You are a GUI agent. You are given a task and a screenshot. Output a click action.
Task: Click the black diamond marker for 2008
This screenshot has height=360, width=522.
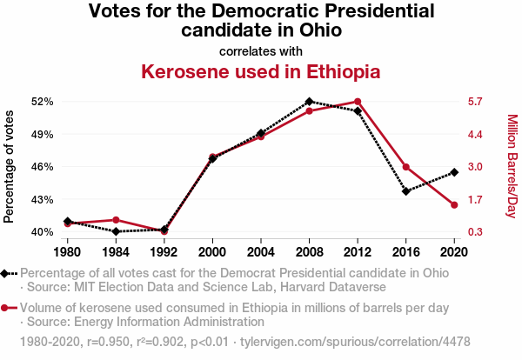tap(309, 102)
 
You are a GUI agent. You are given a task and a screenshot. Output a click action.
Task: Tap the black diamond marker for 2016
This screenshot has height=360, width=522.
tap(406, 191)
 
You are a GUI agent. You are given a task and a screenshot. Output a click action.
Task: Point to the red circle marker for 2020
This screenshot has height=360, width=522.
tap(454, 205)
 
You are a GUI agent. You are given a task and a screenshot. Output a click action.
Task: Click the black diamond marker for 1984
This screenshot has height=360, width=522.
tap(116, 231)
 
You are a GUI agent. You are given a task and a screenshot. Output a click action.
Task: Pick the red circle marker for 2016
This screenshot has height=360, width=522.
tap(406, 167)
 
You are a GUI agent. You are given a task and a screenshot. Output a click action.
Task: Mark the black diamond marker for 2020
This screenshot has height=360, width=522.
tap(454, 172)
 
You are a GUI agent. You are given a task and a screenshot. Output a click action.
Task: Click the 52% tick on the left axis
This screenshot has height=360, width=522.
tap(43, 102)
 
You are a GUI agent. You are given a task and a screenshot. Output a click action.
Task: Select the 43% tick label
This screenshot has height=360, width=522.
tap(43, 199)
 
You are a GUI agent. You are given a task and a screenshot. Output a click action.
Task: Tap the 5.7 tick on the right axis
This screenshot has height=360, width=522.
tap(474, 102)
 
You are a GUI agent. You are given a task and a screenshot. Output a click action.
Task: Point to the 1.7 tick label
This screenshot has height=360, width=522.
tap(474, 199)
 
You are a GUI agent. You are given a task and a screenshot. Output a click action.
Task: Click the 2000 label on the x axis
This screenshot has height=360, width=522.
tap(212, 252)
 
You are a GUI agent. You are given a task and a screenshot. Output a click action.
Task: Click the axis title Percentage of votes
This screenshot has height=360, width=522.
tap(10, 166)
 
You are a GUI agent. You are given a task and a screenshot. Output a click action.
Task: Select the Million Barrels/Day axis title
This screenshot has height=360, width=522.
tap(512, 166)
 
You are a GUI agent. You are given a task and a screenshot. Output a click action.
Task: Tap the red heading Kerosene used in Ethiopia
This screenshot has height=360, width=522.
tap(261, 70)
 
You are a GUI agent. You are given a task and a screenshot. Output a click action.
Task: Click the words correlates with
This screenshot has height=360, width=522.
tap(261, 50)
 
